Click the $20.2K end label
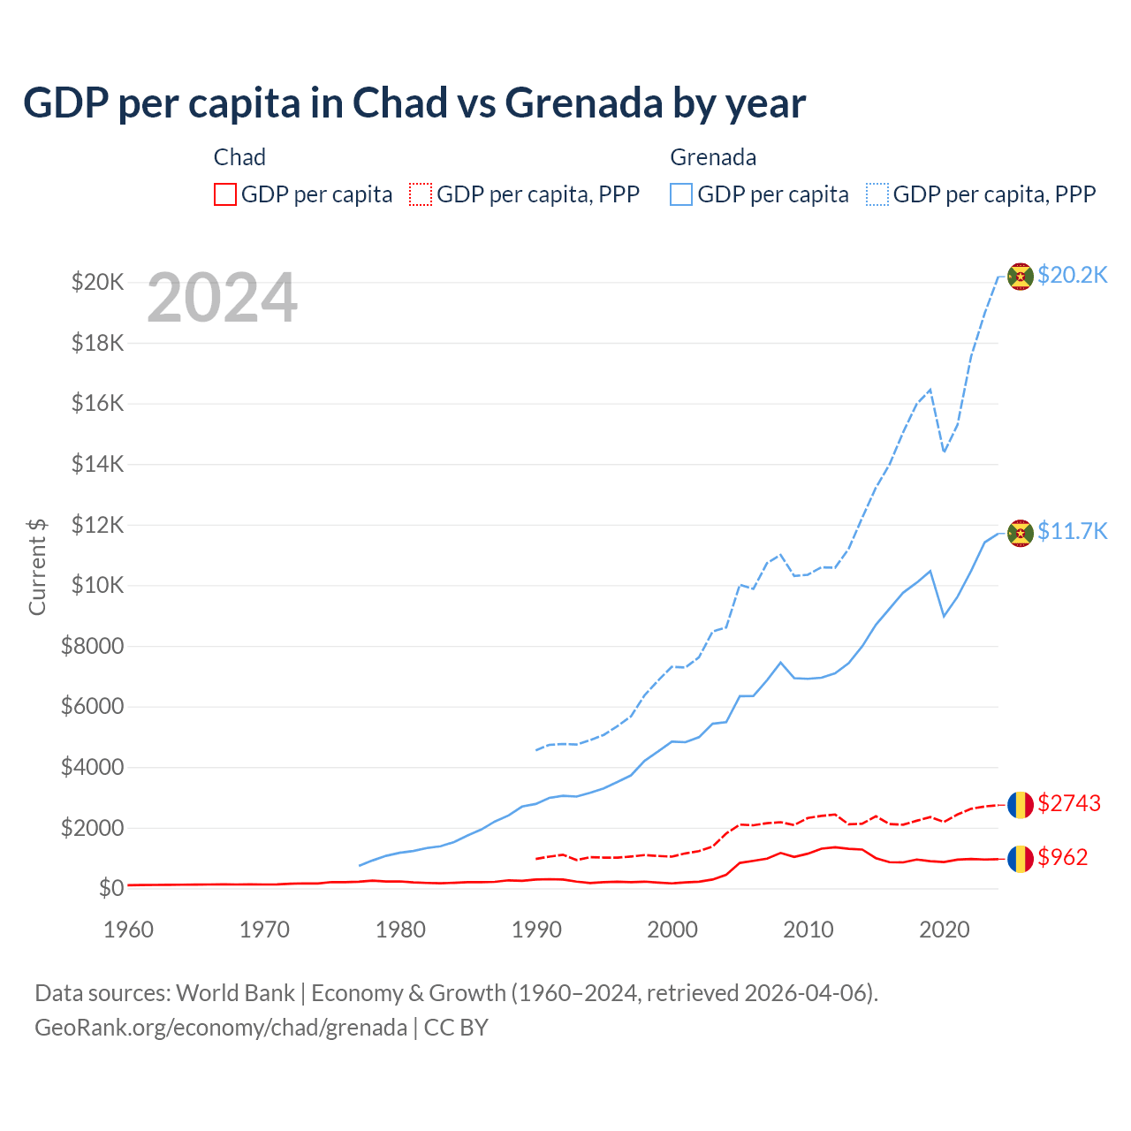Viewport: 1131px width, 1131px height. [1072, 276]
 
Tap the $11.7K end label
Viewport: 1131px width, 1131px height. [1072, 531]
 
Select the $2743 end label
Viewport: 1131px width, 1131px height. [1069, 803]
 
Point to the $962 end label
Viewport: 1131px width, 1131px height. [1063, 857]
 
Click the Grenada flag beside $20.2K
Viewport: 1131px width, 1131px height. [1021, 277]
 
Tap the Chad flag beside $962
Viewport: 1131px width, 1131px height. [1021, 858]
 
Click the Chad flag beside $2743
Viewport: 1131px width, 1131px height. [1021, 804]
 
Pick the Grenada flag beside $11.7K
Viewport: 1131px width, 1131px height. [1021, 533]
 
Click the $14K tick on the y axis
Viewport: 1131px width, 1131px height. [97, 464]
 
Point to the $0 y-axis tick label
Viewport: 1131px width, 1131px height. [110, 888]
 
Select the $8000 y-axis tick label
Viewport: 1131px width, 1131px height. [92, 646]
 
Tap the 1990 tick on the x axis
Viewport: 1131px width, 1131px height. [536, 930]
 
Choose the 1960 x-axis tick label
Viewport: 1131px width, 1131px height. [129, 930]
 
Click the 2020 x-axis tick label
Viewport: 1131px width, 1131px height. [945, 930]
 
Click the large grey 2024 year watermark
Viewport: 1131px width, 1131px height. [222, 299]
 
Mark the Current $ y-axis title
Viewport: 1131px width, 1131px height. [37, 566]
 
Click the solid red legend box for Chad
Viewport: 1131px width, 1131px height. [225, 194]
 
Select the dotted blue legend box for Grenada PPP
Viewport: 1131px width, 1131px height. [877, 194]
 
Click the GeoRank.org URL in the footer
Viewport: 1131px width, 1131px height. [221, 1028]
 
